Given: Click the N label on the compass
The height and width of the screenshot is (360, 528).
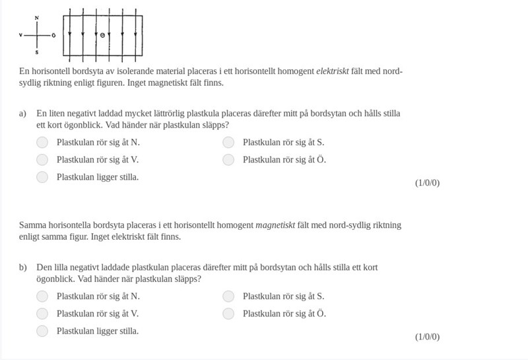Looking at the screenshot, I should tap(36, 17).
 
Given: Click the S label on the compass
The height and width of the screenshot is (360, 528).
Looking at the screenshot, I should tap(36, 52).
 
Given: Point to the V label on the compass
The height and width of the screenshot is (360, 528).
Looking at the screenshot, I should tap(21, 34).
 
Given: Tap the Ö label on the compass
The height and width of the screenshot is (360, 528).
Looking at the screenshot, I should tap(53, 34).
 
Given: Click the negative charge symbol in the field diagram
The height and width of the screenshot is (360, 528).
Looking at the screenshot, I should tap(102, 34).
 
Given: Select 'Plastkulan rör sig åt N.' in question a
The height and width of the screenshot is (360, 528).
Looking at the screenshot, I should tap(42, 142).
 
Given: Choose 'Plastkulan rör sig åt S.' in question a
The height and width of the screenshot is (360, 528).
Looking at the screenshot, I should tap(228, 142).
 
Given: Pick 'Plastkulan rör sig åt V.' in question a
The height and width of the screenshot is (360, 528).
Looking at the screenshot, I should tap(42, 159).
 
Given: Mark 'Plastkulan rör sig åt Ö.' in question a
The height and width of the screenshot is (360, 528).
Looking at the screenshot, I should tap(228, 159).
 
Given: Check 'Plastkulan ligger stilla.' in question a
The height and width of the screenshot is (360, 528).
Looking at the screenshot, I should tap(42, 177).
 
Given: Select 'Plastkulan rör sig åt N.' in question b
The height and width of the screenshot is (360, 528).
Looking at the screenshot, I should tap(42, 296).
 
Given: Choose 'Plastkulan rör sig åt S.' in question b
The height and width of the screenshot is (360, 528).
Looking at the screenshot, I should tap(228, 296).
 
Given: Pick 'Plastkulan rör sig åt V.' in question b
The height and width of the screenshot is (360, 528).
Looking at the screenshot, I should tap(42, 314).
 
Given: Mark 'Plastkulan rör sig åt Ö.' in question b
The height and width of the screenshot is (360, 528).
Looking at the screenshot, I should tap(228, 314).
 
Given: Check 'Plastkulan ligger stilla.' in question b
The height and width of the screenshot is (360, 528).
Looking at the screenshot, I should tap(42, 331).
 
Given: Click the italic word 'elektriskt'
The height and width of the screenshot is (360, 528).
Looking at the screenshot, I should tap(333, 71).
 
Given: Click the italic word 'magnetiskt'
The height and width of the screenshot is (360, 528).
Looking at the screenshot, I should tap(275, 225).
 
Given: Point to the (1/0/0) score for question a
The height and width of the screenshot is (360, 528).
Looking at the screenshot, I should tap(427, 183).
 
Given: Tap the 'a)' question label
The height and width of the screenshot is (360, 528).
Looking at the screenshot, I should tap(23, 114).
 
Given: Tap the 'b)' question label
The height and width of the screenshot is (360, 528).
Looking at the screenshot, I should tap(23, 268).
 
